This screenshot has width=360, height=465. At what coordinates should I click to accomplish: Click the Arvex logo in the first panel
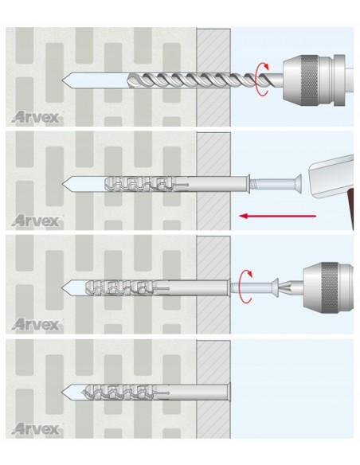(37, 117)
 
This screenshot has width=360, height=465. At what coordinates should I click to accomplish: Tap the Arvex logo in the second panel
(37, 221)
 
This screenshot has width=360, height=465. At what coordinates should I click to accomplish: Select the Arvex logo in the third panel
(37, 324)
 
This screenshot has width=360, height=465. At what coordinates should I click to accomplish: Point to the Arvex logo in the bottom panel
(37, 428)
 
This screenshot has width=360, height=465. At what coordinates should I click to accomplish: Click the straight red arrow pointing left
(277, 216)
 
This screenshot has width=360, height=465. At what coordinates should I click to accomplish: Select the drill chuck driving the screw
(328, 287)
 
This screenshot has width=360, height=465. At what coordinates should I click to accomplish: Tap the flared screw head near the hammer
(298, 184)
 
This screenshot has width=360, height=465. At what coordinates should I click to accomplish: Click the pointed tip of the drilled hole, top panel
(63, 80)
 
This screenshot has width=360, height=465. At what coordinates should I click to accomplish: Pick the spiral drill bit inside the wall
(193, 80)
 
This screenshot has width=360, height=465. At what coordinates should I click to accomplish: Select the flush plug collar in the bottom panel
(229, 393)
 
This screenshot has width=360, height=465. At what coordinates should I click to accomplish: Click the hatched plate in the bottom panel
(213, 389)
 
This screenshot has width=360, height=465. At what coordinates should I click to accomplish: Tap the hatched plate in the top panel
(213, 77)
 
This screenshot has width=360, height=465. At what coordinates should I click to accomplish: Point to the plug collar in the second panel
(248, 184)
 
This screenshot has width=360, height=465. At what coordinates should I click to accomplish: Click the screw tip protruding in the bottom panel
(84, 393)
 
